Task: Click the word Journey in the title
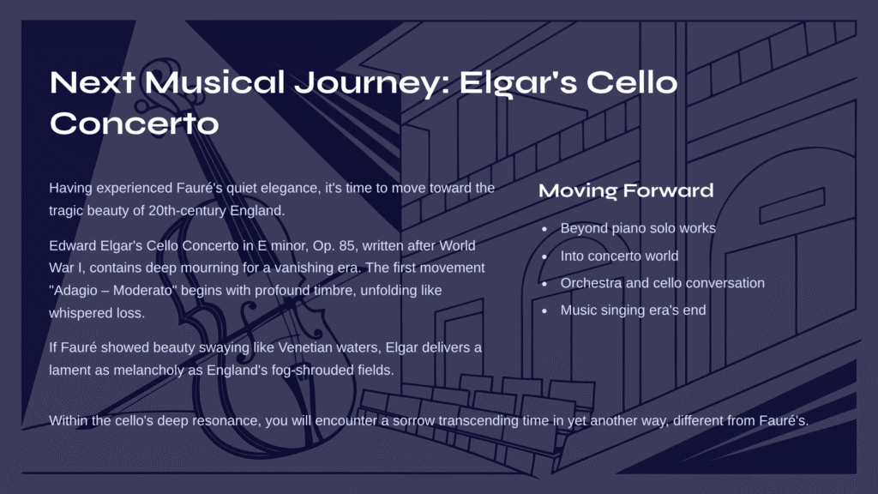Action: tap(372, 83)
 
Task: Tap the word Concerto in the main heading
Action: tap(135, 123)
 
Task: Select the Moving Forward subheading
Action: tap(626, 190)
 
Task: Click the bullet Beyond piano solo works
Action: tap(638, 228)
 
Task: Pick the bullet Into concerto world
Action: tap(619, 256)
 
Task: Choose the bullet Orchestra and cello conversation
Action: tap(663, 283)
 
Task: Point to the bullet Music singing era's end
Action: tap(634, 310)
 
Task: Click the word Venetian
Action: tap(305, 348)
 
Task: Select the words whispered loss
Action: tap(97, 313)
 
